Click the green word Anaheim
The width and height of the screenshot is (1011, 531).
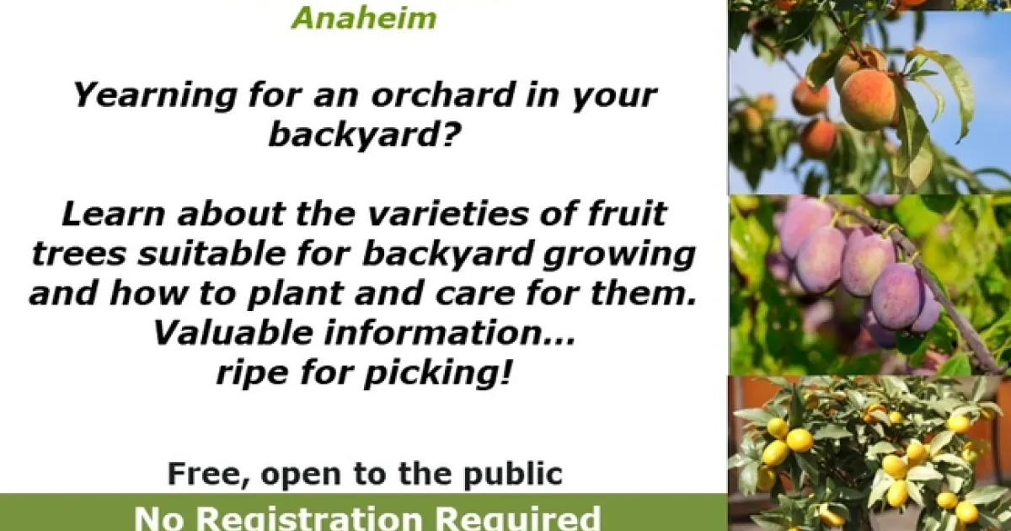[364, 19]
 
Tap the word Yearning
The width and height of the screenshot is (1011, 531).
[154, 96]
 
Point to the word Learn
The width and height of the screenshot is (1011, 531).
[113, 213]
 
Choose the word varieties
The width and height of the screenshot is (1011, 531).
[447, 213]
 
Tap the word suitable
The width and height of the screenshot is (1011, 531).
[211, 254]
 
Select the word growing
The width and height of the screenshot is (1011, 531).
[618, 255]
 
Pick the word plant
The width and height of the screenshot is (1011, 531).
[295, 294]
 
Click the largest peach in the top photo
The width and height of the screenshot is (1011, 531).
[868, 100]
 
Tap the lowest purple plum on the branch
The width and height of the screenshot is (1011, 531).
[896, 296]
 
